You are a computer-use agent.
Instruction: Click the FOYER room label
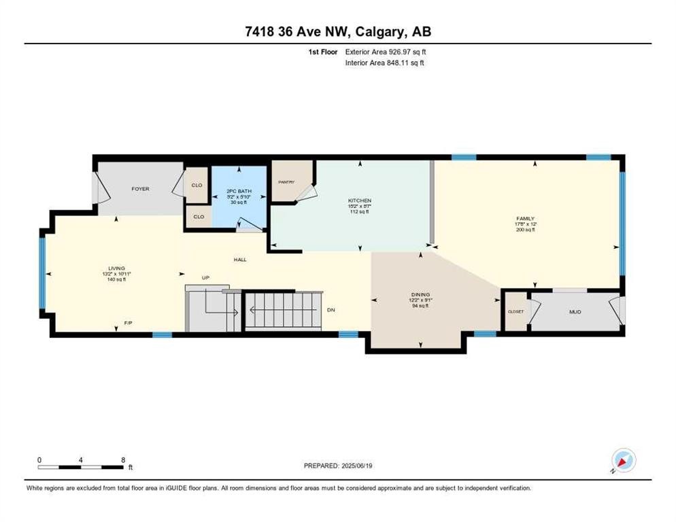click(x=140, y=189)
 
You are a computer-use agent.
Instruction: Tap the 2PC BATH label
click(x=239, y=192)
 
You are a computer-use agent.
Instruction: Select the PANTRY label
click(x=285, y=182)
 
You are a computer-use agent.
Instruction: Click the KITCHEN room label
click(x=360, y=201)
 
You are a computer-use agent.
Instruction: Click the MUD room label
click(x=575, y=313)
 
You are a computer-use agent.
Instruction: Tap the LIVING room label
click(x=116, y=268)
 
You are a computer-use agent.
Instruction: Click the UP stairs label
click(x=205, y=278)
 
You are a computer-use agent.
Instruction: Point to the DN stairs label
click(x=331, y=310)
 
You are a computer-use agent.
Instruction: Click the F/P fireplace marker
click(x=128, y=322)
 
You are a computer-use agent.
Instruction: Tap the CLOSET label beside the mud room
click(x=516, y=311)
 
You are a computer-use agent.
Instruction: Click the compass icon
click(x=623, y=461)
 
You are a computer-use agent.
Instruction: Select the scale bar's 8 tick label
click(x=122, y=460)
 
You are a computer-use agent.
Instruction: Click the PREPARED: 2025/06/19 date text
click(x=339, y=466)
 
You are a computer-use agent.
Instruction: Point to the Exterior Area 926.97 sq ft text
click(x=386, y=52)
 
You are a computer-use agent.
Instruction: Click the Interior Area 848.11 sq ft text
click(x=385, y=63)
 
